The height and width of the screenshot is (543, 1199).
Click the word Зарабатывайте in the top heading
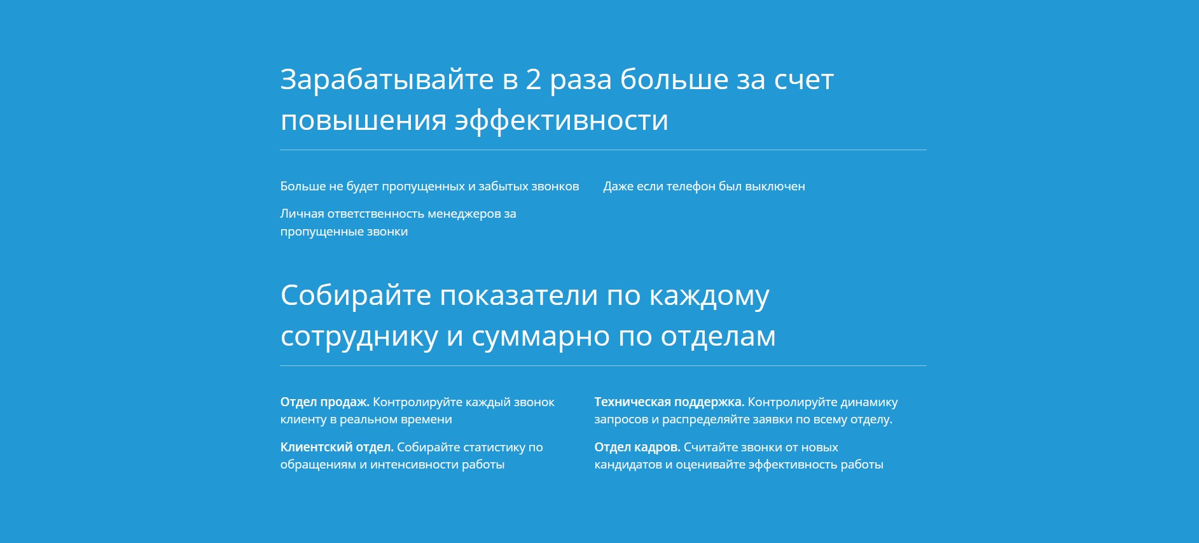(x=387, y=80)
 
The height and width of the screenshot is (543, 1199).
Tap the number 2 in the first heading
(x=533, y=79)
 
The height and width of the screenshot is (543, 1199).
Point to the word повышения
(x=363, y=121)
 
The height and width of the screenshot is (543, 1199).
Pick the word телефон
(x=690, y=187)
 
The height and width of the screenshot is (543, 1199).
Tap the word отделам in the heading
(x=718, y=337)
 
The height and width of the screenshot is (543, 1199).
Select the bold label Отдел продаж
(x=325, y=402)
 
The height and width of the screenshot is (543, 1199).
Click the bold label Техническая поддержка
(x=669, y=402)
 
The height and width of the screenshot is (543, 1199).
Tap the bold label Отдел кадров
(x=637, y=447)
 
